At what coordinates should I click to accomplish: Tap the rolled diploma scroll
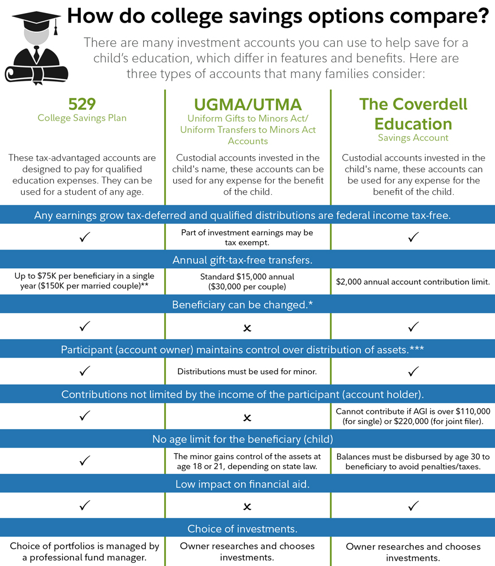click(x=37, y=73)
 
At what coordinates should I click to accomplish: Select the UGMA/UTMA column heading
click(x=247, y=104)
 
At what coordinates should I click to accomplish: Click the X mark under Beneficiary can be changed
click(x=247, y=328)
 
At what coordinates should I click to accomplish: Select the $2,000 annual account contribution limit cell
click(x=413, y=282)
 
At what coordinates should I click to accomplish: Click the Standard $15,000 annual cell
click(x=247, y=282)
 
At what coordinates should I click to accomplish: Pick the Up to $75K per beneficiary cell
click(x=82, y=282)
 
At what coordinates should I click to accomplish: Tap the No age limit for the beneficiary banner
click(x=247, y=439)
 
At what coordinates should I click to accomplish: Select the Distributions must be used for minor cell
click(x=247, y=372)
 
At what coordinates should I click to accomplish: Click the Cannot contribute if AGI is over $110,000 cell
click(x=413, y=417)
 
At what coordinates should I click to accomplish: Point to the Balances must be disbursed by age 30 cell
click(x=413, y=462)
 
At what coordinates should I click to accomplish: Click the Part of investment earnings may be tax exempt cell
click(x=247, y=238)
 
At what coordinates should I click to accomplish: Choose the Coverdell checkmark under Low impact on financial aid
click(x=414, y=506)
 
